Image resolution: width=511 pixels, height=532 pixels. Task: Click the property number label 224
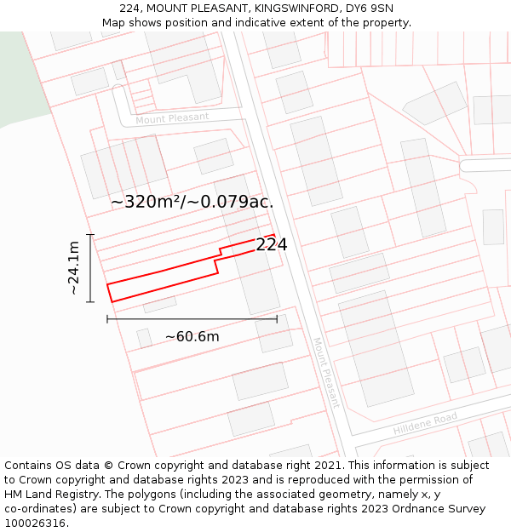point(271,244)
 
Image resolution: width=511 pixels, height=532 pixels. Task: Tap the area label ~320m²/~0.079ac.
point(192,202)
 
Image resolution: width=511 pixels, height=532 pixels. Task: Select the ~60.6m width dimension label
point(192,336)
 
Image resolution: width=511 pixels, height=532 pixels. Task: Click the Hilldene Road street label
point(425,423)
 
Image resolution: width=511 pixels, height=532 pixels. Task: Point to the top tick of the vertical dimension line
point(90,234)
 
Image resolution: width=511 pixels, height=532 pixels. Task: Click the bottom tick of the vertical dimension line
point(90,301)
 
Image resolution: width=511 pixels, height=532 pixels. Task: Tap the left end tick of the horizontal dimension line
point(107,319)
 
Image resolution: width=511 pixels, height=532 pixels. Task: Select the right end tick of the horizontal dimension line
point(277,319)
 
